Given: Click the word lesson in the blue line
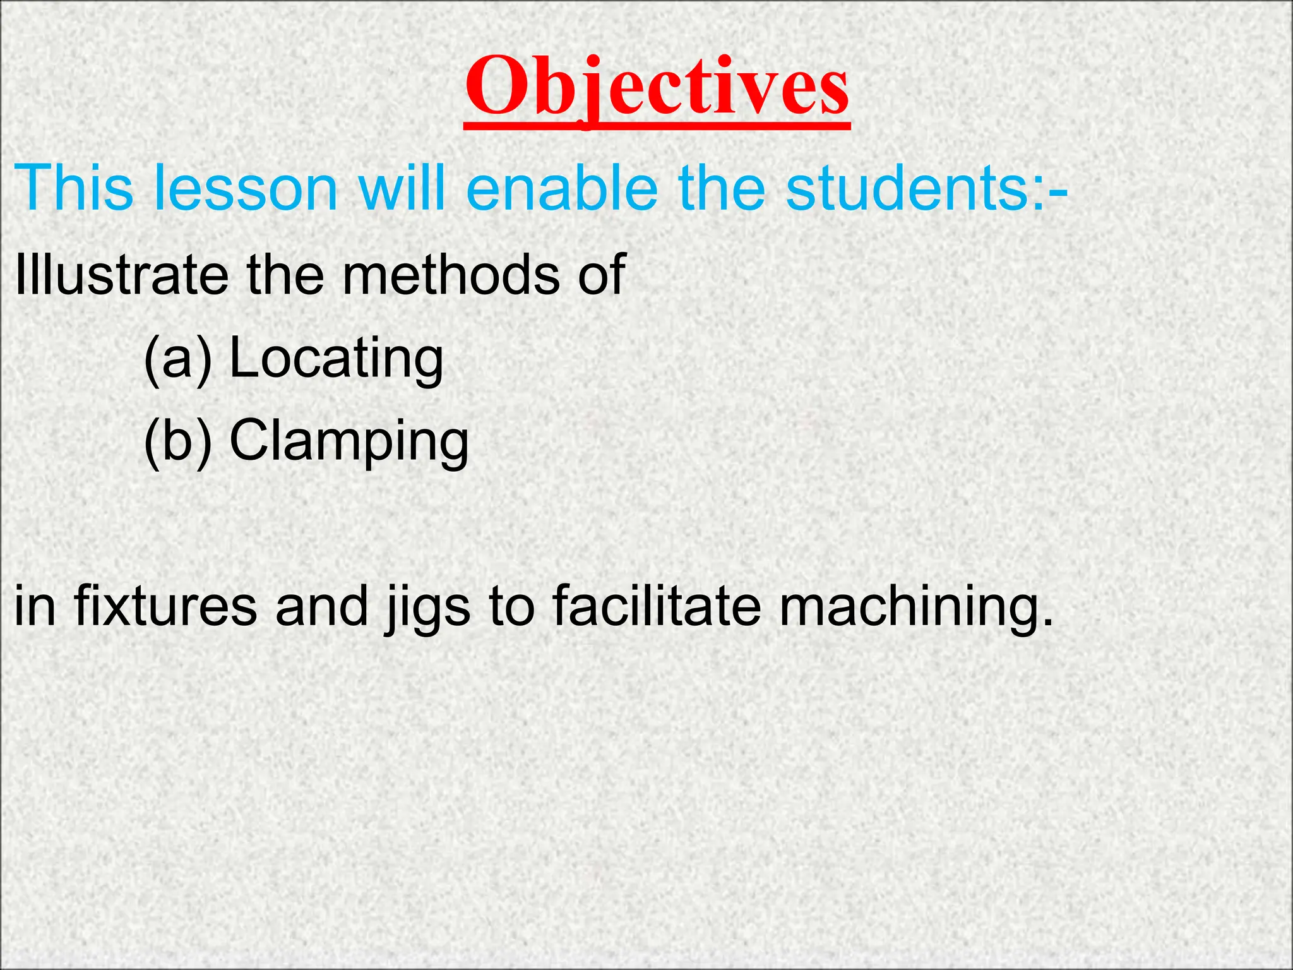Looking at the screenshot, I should tap(246, 188).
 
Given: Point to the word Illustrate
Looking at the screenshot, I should tap(121, 274).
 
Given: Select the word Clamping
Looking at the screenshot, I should tap(349, 441).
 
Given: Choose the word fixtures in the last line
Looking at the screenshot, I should tap(166, 606).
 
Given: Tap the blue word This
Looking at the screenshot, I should tap(74, 188).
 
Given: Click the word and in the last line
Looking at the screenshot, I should tap(321, 606).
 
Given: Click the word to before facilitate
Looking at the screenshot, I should tap(511, 606).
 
